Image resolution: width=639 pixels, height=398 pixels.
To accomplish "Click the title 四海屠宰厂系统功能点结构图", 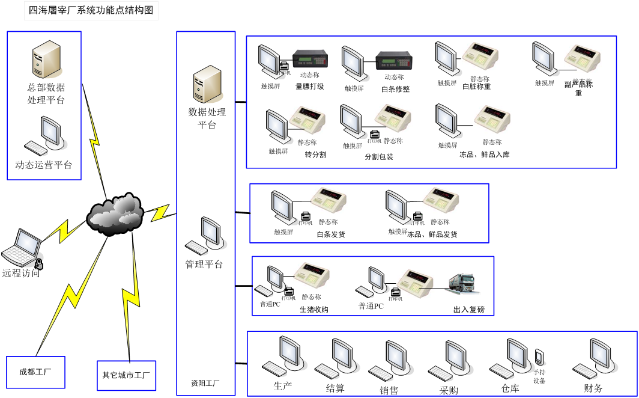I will coord(91,10).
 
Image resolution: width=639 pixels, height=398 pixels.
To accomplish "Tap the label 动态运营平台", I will coord(44,165).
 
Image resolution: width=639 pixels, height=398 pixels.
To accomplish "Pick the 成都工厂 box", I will coord(35,372).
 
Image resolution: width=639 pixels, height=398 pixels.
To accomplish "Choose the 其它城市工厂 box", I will coord(126,376).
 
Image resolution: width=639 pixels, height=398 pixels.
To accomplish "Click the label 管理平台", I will coord(204,264).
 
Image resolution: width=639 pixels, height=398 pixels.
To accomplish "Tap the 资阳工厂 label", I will coord(205,383).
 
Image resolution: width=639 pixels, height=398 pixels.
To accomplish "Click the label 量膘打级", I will coord(310,87).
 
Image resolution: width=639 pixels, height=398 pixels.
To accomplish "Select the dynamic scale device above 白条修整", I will coord(394,61).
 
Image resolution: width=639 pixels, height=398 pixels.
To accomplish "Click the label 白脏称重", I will coord(476,87).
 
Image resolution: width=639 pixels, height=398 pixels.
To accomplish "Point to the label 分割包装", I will coord(379,157).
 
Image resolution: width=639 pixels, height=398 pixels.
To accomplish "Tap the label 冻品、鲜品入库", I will coord(484,155).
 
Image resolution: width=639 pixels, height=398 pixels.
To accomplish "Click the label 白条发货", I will coord(331,234).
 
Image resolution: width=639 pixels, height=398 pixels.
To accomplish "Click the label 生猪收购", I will coord(314,310).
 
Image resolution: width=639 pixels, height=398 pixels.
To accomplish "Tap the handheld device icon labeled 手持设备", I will coord(539,357).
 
